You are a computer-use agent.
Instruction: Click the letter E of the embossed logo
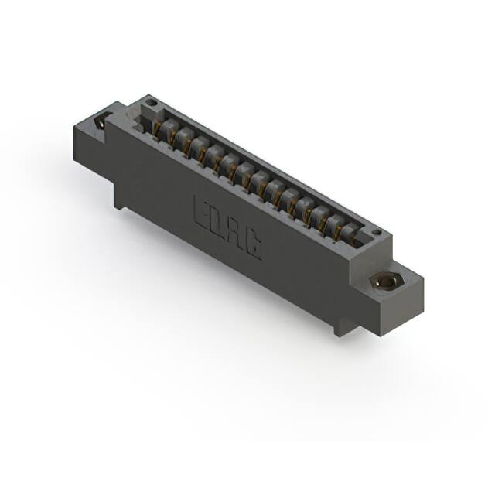click(200, 211)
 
